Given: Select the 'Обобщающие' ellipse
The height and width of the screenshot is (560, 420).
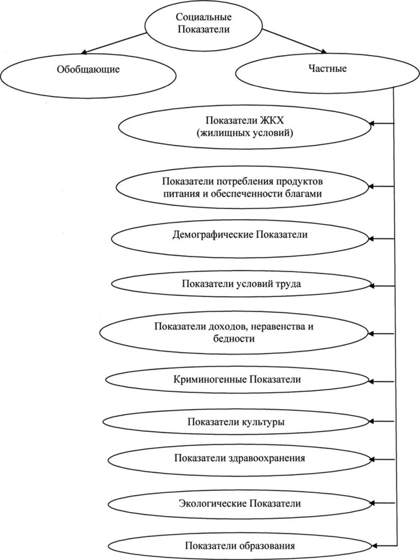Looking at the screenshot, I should click(x=88, y=70).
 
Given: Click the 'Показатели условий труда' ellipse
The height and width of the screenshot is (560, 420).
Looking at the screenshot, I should click(x=241, y=284).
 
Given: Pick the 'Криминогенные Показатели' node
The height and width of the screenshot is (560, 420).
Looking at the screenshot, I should click(x=237, y=379).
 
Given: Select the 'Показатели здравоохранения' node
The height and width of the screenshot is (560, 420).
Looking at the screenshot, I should click(x=240, y=458).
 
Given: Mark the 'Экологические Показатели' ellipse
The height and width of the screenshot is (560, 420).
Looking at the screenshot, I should click(x=240, y=503).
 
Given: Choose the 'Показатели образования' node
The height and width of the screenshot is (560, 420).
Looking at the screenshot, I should click(x=240, y=545).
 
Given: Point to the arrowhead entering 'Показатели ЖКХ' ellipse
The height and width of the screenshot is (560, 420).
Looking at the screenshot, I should click(x=373, y=123).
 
